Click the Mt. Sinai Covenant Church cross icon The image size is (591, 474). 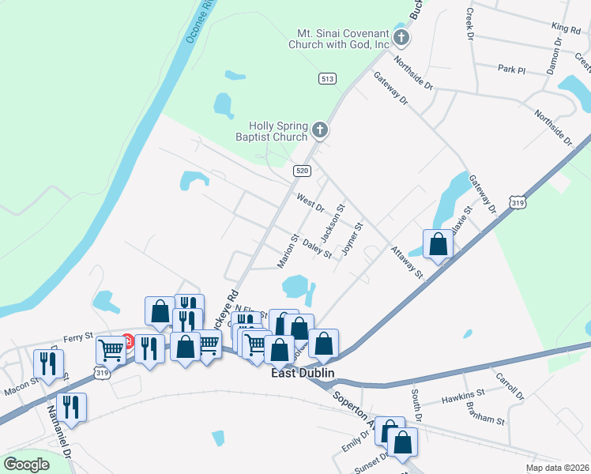click(x=401, y=37)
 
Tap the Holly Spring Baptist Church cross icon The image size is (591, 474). click(x=320, y=130)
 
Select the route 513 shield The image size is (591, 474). click(x=328, y=78)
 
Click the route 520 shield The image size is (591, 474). click(x=301, y=170)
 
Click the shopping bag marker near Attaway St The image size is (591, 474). click(x=438, y=245)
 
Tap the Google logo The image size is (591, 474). click(x=26, y=464)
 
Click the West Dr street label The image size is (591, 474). click(x=311, y=201)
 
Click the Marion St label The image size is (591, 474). click(x=288, y=250)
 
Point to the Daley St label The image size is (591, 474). click(x=317, y=249)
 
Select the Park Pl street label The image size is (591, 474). click(x=511, y=69)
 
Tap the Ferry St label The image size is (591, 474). click(x=78, y=336)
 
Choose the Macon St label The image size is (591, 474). click(x=21, y=384)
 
